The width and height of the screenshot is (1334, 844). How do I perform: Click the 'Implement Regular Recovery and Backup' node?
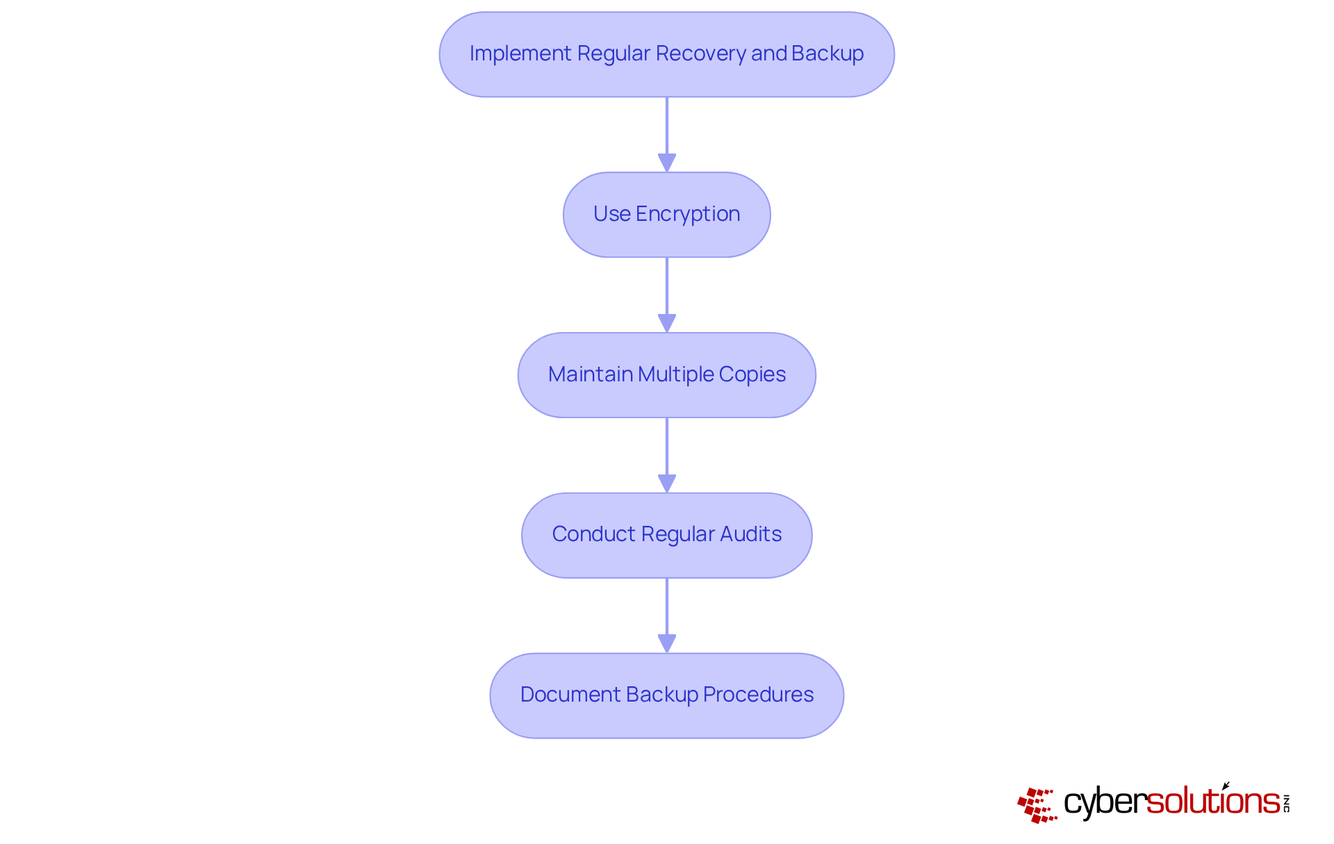[666, 54]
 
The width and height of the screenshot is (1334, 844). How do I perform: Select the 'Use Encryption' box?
[666, 215]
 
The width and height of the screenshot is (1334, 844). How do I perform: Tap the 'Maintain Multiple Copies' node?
[666, 375]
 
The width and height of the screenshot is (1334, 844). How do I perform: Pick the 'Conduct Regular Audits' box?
[666, 535]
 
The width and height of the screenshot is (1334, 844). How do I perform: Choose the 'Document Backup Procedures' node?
[666, 695]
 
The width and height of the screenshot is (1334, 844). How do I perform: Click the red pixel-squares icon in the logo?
[1037, 805]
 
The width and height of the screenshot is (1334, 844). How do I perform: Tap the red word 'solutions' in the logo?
[1212, 802]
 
